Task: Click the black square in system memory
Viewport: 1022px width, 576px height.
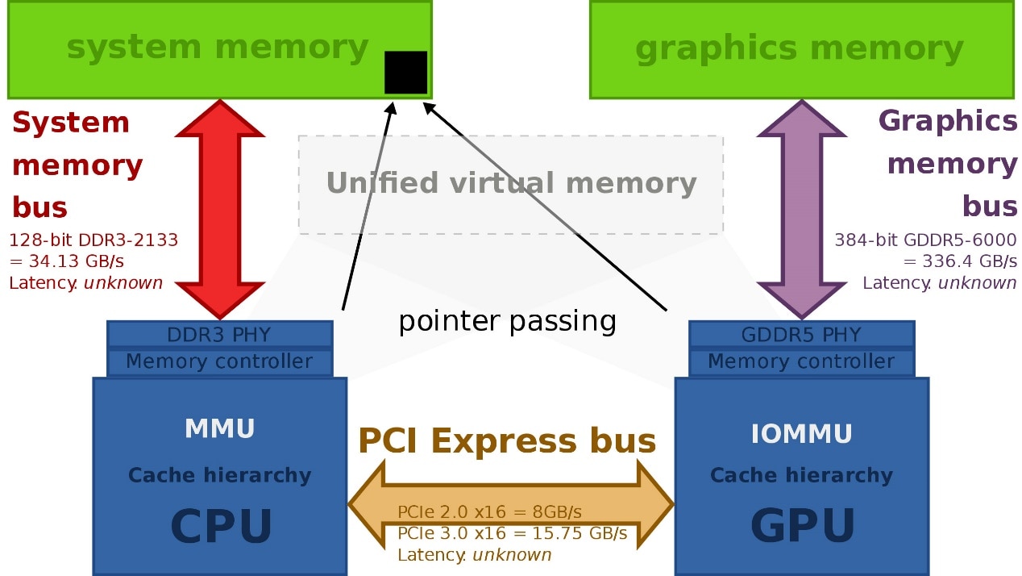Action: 405,72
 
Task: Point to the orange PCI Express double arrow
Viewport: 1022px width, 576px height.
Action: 510,503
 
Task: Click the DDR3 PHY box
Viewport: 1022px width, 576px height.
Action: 219,334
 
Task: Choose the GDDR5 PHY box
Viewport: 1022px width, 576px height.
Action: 801,334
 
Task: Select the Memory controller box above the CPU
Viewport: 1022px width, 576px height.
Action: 219,361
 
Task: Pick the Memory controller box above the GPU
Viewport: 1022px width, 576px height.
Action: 801,361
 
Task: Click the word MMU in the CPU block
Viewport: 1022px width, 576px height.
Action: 219,429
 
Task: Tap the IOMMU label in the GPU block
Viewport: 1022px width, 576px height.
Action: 801,434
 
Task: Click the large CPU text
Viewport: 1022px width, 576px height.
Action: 222,527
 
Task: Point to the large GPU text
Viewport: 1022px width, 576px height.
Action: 803,527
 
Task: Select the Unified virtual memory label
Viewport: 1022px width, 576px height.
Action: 511,183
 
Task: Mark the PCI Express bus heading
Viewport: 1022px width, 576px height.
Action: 507,440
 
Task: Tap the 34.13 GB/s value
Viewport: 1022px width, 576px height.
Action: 73,261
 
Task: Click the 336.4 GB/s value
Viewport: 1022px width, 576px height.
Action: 967,261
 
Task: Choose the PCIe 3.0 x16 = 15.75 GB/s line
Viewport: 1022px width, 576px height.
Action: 512,533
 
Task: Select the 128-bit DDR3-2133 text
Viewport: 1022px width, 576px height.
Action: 93,240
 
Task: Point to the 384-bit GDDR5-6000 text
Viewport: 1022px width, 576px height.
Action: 925,240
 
